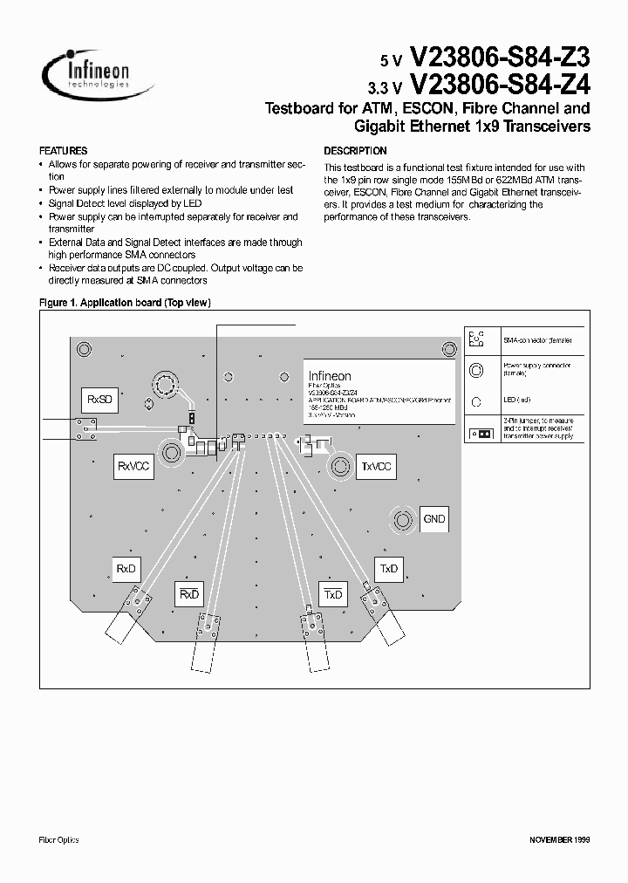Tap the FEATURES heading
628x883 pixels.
pyautogui.click(x=64, y=151)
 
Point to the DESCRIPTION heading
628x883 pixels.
pyautogui.click(x=355, y=151)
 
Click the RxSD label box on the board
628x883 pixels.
pyautogui.click(x=99, y=400)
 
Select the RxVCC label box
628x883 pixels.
pyautogui.click(x=133, y=467)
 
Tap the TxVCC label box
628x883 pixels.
pyautogui.click(x=376, y=467)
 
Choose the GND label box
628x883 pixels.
pyautogui.click(x=433, y=518)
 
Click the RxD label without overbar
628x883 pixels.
pyautogui.click(x=126, y=569)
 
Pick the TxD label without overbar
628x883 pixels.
pyautogui.click(x=388, y=569)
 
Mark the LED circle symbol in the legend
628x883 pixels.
pyautogui.click(x=476, y=401)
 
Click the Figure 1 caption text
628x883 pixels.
pyautogui.click(x=126, y=303)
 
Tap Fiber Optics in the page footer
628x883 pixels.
pyautogui.click(x=59, y=839)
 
